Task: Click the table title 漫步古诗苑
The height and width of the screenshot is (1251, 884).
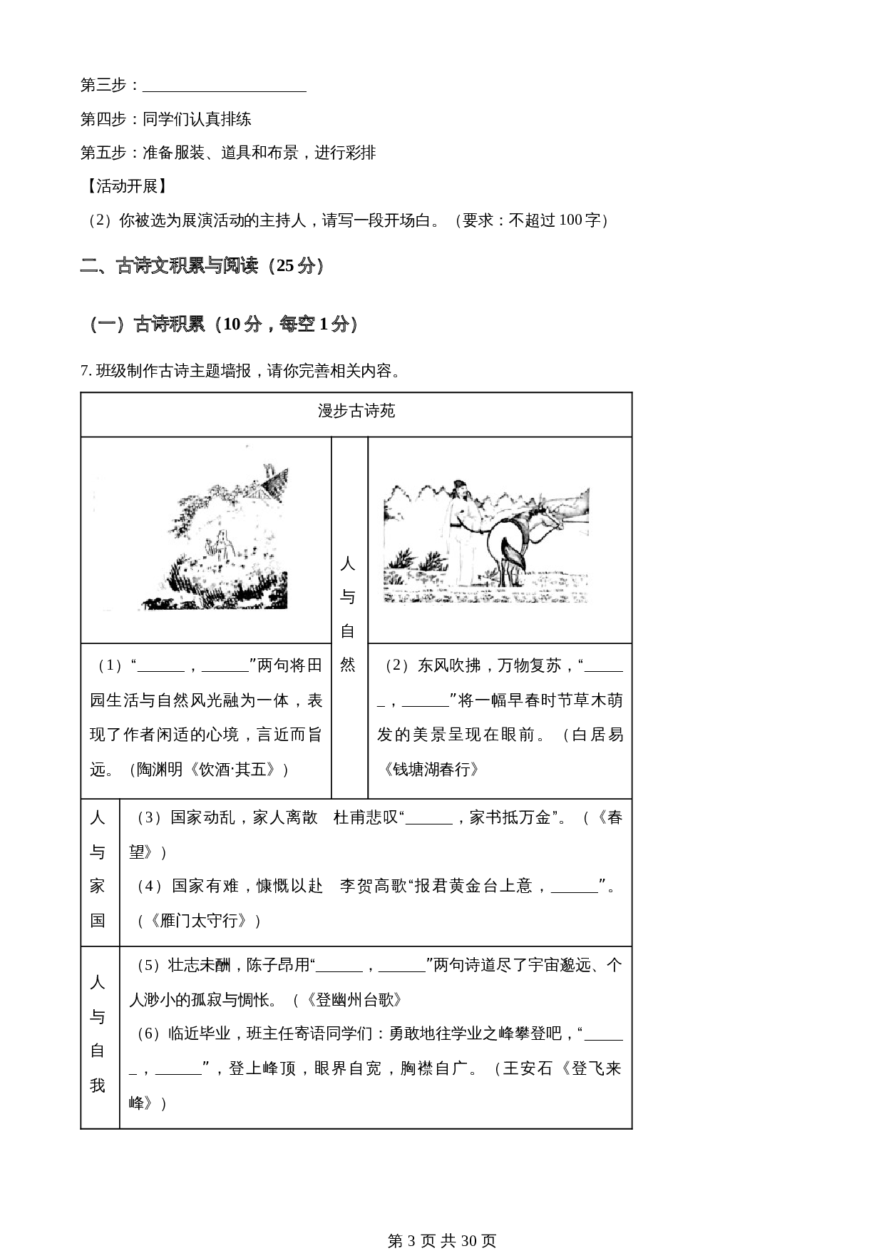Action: [356, 412]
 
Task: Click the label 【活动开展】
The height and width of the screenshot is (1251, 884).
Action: [125, 187]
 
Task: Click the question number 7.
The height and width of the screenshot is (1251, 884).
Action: [85, 372]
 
